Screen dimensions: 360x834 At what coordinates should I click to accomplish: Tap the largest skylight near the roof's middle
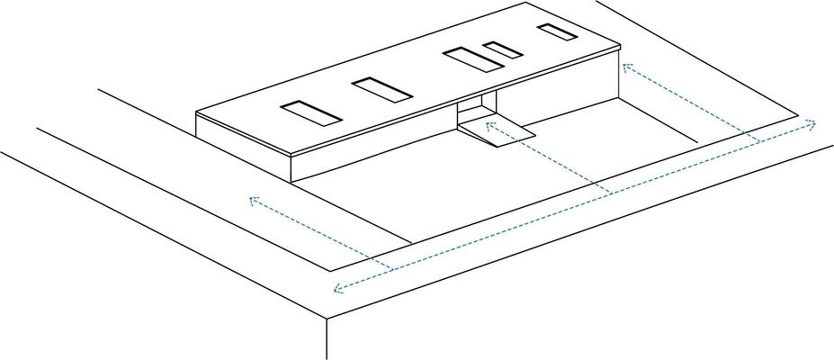tap(471, 59)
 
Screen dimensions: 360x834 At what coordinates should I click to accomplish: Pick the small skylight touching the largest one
tap(502, 49)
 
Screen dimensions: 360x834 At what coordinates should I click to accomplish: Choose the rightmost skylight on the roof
tap(557, 32)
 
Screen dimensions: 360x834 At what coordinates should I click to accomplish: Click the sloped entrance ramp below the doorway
tap(498, 131)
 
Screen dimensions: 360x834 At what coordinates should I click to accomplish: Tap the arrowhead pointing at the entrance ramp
tap(489, 123)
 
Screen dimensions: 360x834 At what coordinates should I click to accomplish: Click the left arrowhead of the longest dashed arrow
tap(336, 289)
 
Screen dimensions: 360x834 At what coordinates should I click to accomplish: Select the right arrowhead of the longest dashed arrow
tap(813, 121)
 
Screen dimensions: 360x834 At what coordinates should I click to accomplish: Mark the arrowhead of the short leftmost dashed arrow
tap(252, 199)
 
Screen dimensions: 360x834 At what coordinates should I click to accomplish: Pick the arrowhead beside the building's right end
tap(626, 67)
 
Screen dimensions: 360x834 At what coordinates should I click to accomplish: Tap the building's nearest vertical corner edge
tap(293, 167)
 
